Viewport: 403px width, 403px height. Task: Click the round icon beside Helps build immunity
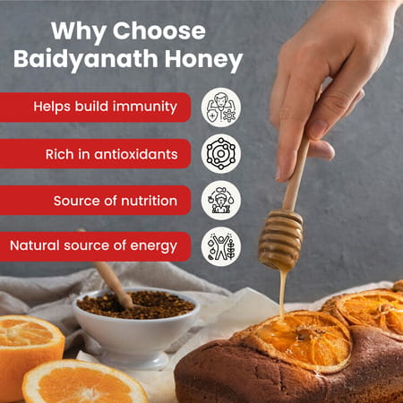point(220,107)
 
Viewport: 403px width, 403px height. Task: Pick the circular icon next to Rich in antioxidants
point(220,153)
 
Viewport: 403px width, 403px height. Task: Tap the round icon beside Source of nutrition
point(220,200)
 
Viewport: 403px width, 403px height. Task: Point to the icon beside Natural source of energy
point(220,246)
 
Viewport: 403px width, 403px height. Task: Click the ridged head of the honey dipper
point(280,240)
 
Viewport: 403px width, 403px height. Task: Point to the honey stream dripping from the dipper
point(282,296)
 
